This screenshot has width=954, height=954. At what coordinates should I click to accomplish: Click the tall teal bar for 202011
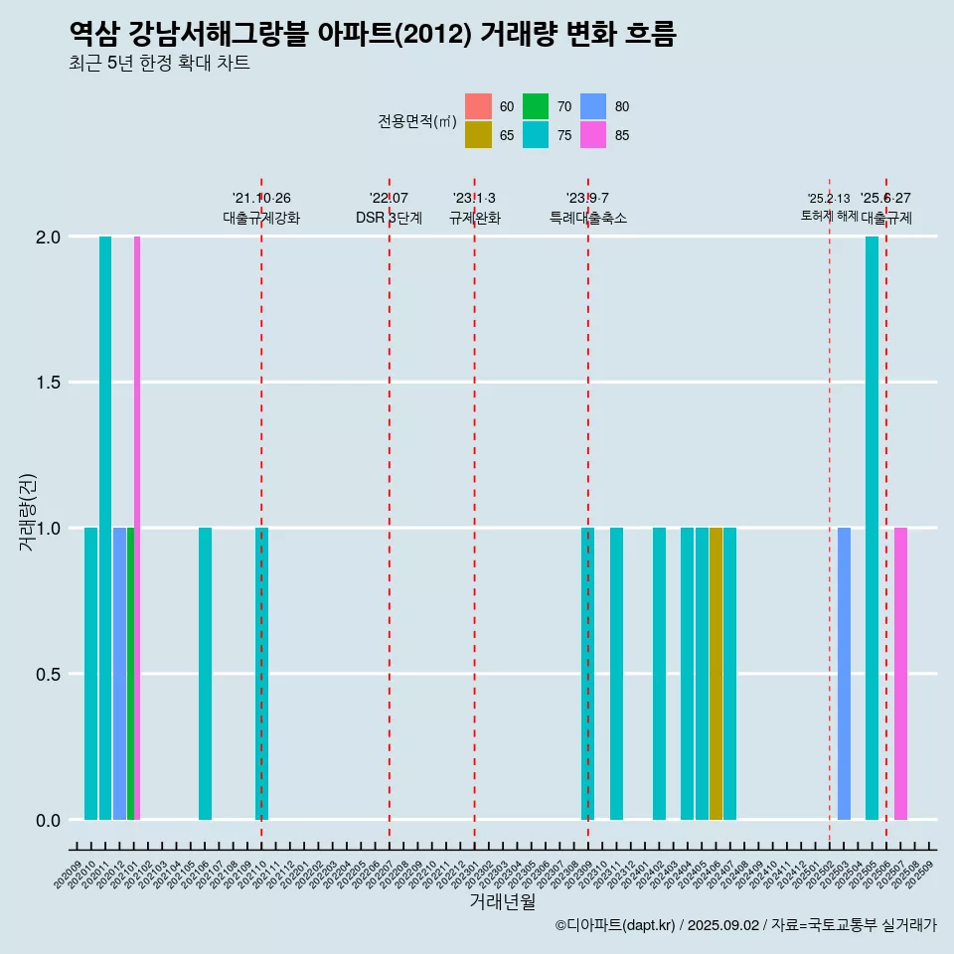click(105, 527)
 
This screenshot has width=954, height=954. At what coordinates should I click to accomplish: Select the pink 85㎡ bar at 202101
click(137, 527)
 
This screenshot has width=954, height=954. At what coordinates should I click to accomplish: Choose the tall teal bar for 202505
click(872, 527)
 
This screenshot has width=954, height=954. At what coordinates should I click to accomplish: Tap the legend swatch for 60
click(478, 106)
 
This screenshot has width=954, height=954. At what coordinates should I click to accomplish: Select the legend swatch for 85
click(593, 135)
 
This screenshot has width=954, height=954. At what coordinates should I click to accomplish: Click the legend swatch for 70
click(536, 106)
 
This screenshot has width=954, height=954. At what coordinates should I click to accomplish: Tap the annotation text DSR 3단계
click(390, 218)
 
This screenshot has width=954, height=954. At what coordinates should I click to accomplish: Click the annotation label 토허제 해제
click(829, 216)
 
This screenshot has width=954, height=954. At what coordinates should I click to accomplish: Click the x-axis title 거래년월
click(502, 902)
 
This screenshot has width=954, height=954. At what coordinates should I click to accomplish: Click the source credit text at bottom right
click(745, 926)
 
